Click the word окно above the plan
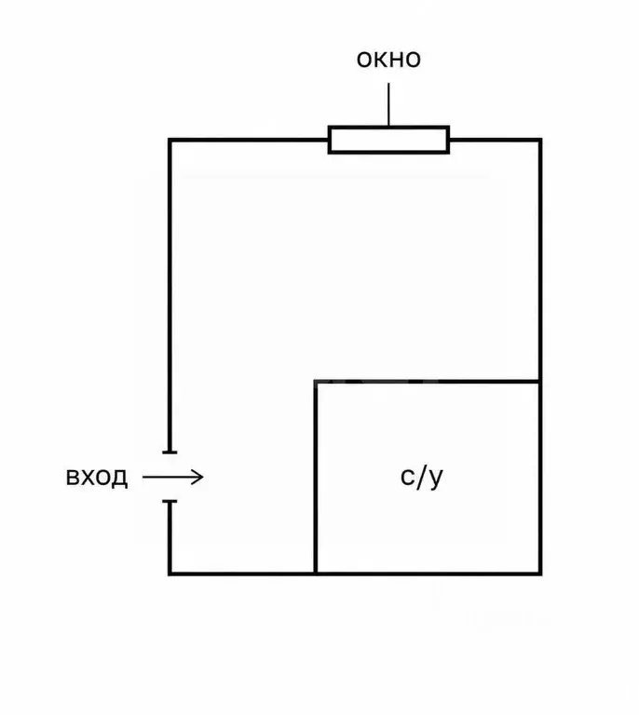tap(388, 60)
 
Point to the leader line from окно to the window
tap(388, 104)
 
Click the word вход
tap(97, 478)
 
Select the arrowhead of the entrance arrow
tap(198, 478)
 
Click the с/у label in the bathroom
tap(422, 478)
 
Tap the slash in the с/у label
tap(421, 477)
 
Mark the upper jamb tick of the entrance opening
tap(170, 452)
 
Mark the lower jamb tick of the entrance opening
tap(170, 502)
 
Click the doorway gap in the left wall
tap(170, 477)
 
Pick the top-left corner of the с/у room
tap(315, 381)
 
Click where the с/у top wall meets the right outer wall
tap(540, 381)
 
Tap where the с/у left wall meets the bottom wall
tap(315, 573)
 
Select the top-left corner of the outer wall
tap(170, 140)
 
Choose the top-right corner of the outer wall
tap(540, 140)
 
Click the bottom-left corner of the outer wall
tap(170, 573)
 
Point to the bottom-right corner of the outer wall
tap(540, 573)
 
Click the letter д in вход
tap(119, 479)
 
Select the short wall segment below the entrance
tap(170, 538)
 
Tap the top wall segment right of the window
tap(496, 140)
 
